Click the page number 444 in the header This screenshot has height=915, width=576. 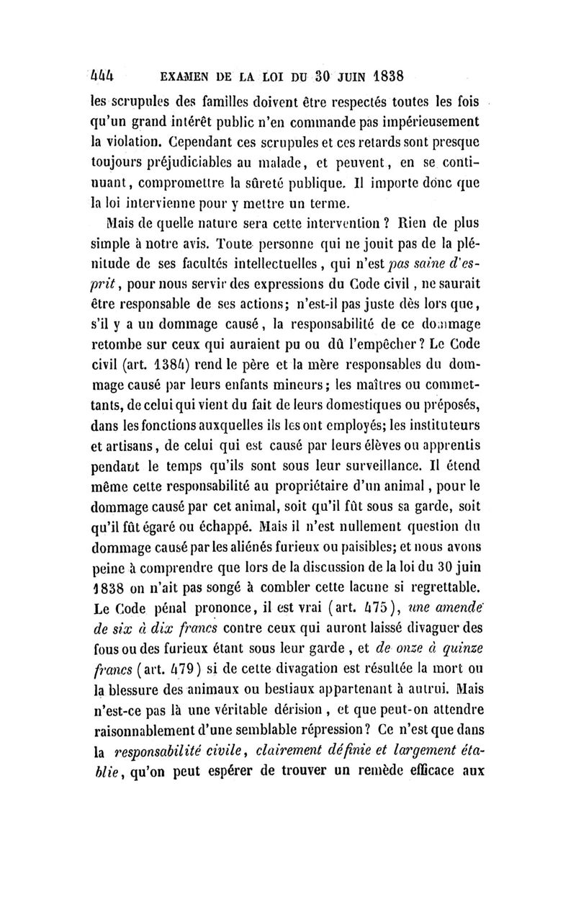108,75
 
